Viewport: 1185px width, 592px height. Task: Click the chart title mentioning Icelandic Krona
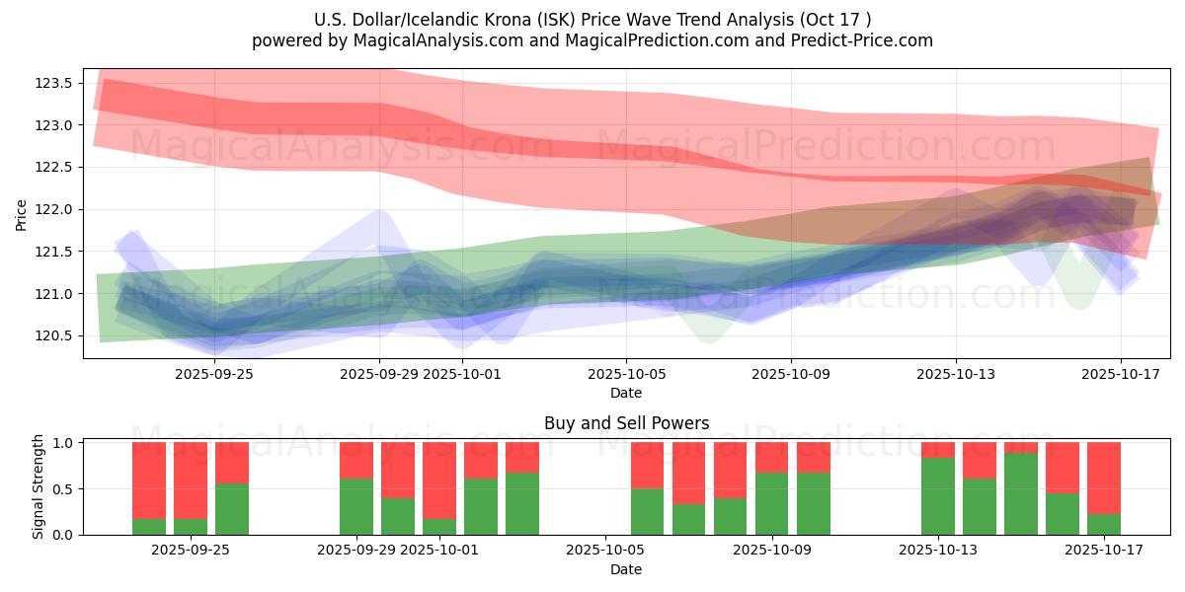tap(592, 19)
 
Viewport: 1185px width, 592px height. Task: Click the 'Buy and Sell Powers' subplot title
tap(626, 423)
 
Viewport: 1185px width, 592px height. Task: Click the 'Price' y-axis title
tap(22, 215)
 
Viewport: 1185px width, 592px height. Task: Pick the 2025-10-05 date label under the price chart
tap(626, 375)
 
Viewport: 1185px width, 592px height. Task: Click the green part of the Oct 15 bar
tap(1021, 493)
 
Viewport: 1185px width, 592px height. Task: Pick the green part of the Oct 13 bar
tap(938, 496)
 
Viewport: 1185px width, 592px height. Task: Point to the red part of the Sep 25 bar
tap(232, 463)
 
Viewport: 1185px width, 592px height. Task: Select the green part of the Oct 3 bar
tap(522, 503)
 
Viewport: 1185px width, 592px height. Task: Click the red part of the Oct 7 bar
tap(689, 474)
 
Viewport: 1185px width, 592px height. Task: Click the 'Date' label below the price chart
tap(626, 393)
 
